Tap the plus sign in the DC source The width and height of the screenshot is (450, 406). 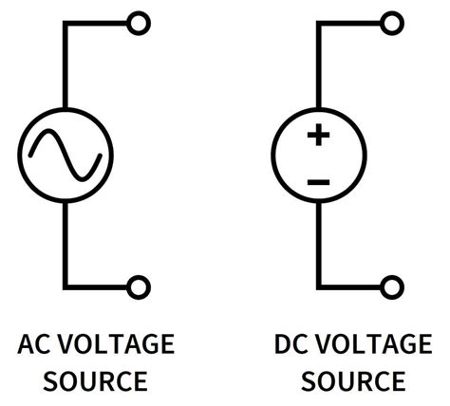coord(318,136)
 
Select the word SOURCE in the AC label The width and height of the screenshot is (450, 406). coord(96,381)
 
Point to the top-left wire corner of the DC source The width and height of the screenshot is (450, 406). coord(319,22)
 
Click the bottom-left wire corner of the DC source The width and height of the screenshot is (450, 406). coord(319,285)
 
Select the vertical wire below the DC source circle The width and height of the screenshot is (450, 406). coord(319,242)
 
